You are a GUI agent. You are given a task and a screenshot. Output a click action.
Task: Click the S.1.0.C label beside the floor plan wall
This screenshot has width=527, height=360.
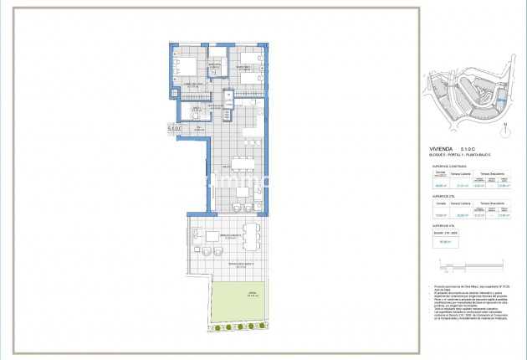point(175,129)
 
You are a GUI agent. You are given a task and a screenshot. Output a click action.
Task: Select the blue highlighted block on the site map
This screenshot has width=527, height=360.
point(500,101)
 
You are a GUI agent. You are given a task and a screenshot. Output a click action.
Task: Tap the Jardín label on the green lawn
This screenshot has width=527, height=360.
point(252,294)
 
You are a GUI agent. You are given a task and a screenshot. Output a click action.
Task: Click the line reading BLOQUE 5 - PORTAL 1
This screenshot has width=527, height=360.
point(454,157)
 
